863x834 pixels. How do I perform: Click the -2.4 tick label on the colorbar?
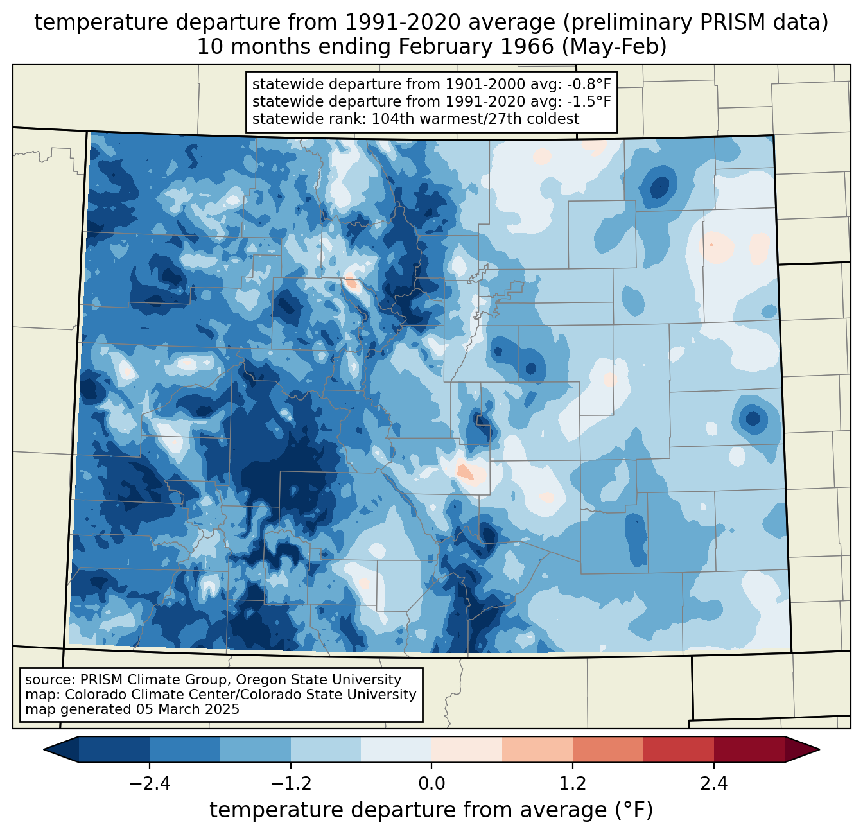click(150, 784)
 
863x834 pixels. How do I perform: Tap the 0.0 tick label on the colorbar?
click(431, 784)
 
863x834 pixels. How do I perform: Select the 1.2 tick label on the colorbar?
click(572, 784)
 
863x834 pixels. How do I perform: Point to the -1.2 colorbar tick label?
click(290, 784)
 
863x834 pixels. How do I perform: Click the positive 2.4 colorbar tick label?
click(713, 784)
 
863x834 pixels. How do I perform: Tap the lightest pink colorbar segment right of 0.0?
click(466, 749)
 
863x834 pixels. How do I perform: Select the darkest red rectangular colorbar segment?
click(749, 749)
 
